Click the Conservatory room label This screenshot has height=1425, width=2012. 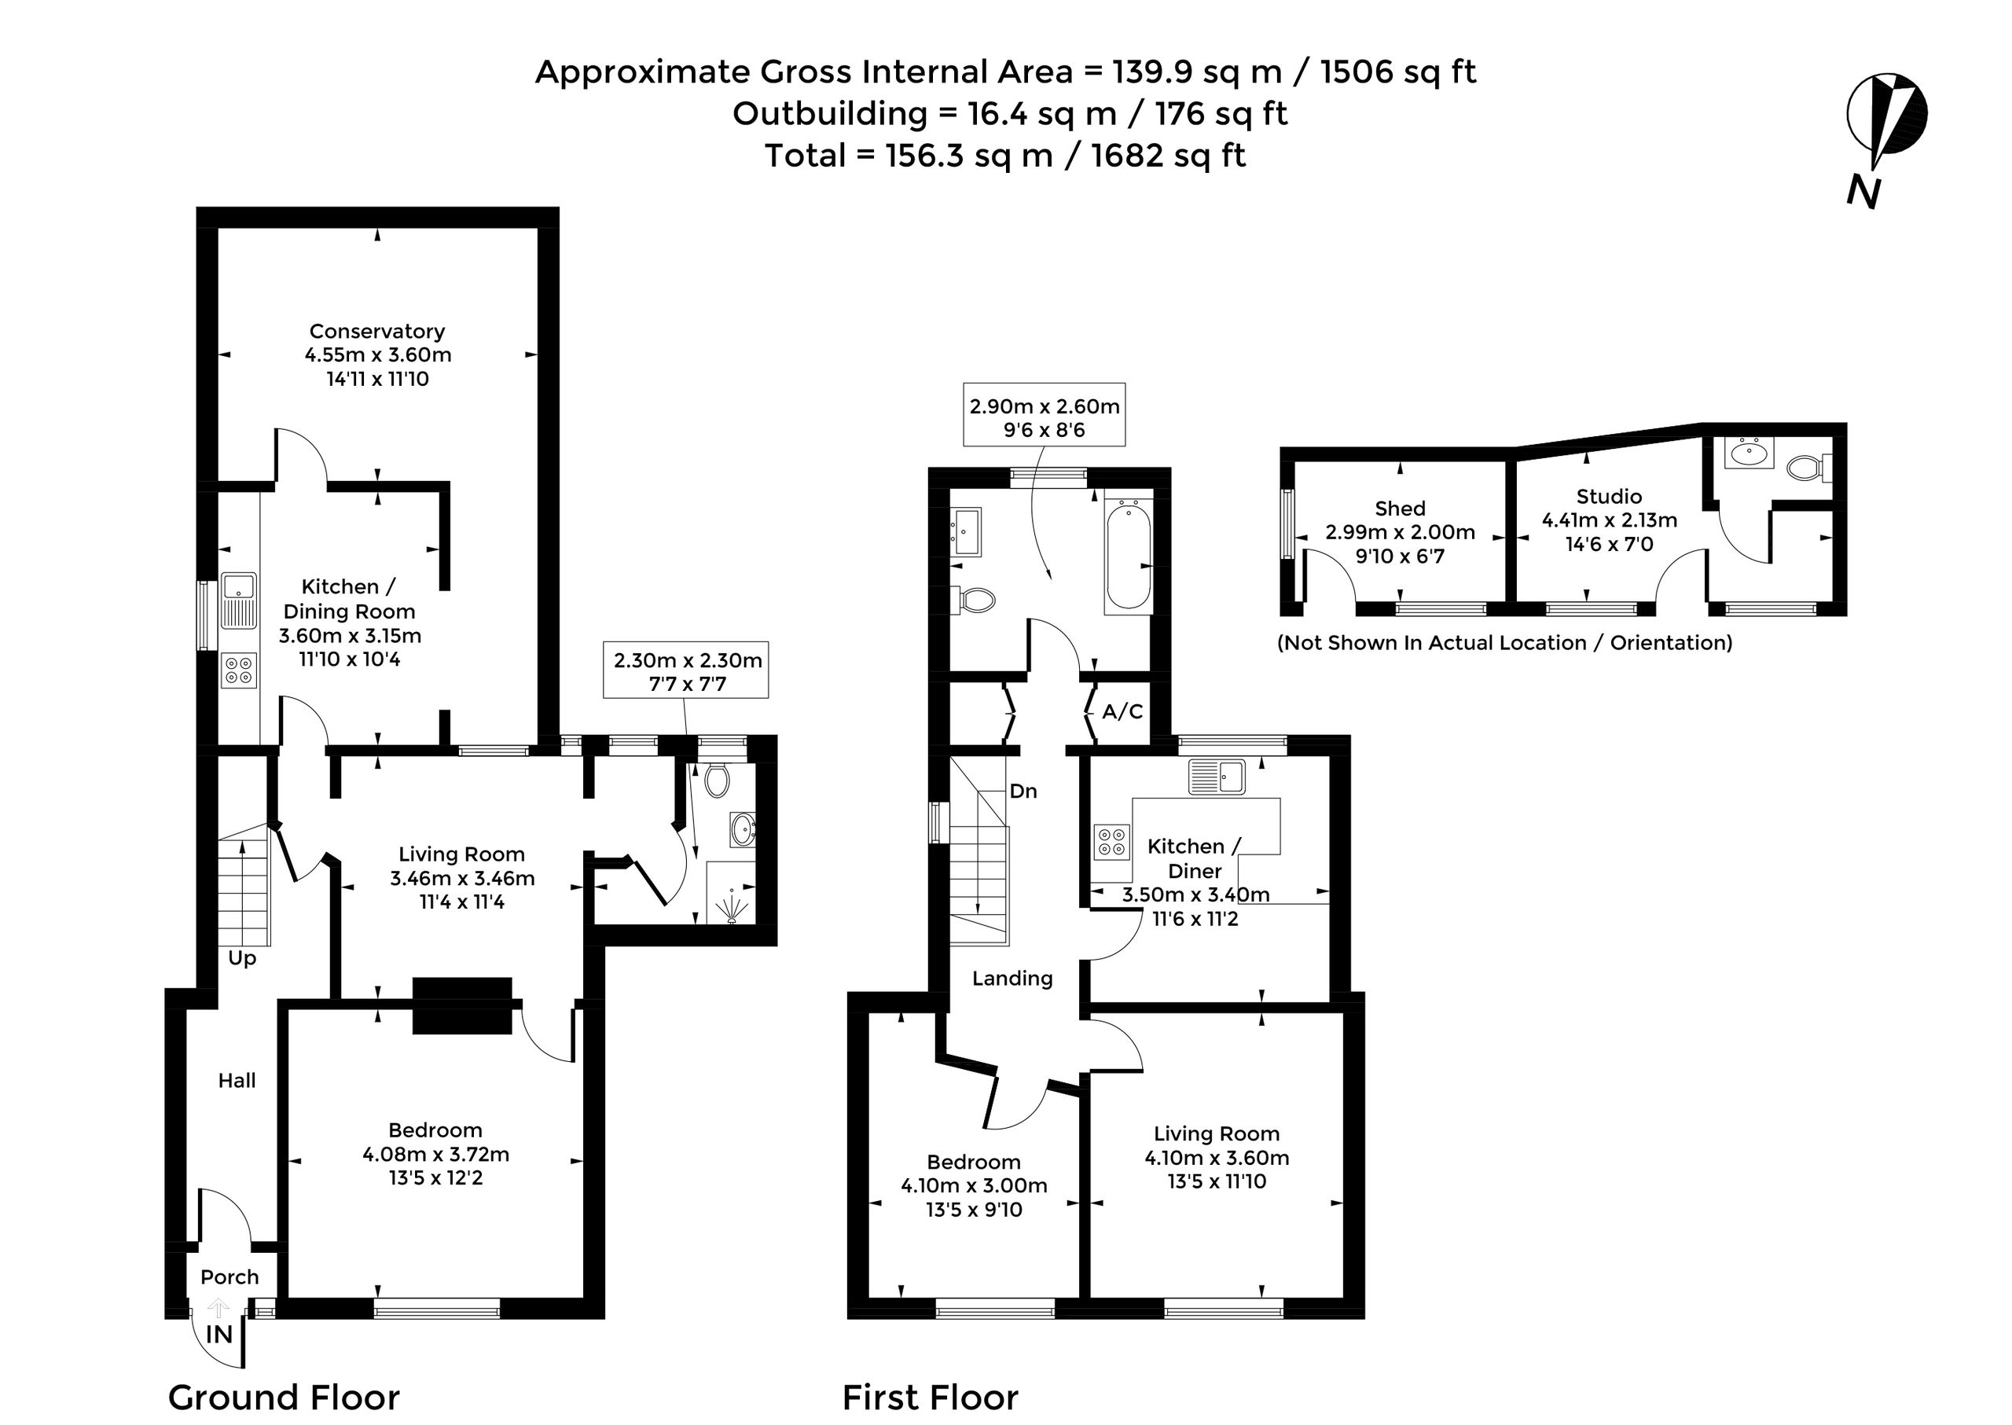377,331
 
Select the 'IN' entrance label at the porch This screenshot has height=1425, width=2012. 218,1335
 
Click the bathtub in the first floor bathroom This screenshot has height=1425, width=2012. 1128,555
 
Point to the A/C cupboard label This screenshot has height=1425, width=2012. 1122,711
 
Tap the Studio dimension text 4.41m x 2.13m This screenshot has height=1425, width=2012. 1610,520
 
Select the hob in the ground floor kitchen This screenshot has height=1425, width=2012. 238,671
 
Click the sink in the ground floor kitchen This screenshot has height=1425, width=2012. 238,600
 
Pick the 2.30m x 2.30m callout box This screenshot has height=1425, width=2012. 686,671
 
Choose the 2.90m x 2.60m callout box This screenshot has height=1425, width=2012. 1045,417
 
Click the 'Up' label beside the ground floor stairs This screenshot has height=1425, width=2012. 242,957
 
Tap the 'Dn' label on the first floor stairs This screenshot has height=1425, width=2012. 1023,791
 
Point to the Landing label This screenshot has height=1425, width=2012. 1012,979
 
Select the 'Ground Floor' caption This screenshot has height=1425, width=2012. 284,1396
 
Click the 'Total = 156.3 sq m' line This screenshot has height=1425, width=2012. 1004,156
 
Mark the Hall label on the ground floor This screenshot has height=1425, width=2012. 237,1081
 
